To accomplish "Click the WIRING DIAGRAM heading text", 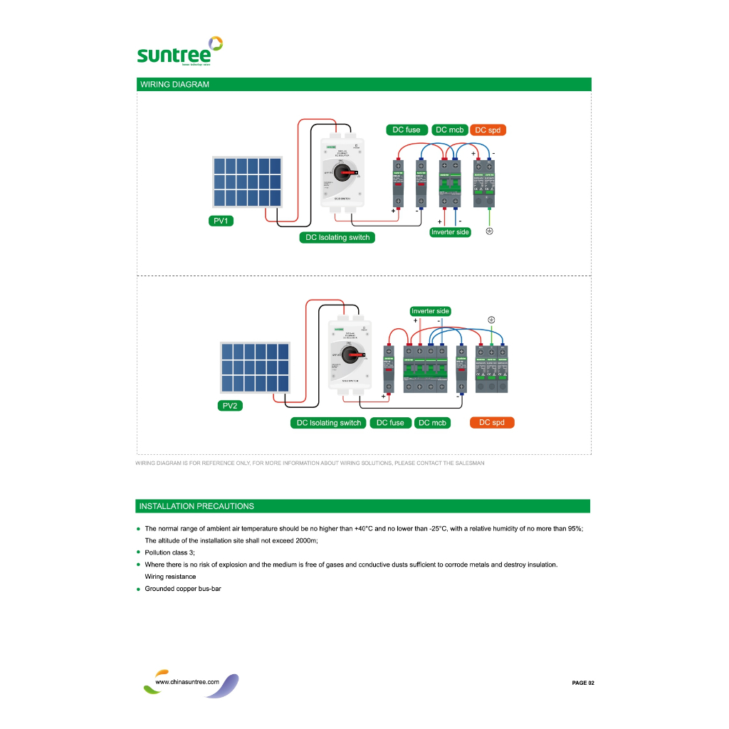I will click(x=174, y=85).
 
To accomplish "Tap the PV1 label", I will click(x=221, y=221).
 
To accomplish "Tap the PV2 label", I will click(x=229, y=406).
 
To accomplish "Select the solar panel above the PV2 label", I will click(x=255, y=367).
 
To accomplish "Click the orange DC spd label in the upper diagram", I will click(x=488, y=130).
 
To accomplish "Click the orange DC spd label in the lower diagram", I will click(x=492, y=422).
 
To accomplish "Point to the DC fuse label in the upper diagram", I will click(x=407, y=130).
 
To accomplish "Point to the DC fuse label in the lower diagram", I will click(x=390, y=423).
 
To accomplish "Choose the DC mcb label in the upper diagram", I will click(x=449, y=130).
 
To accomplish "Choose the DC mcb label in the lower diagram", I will click(x=432, y=423).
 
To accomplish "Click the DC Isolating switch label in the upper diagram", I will click(x=337, y=237).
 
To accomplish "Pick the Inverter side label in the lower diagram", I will click(x=430, y=311).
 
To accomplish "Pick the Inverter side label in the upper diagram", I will click(x=450, y=232).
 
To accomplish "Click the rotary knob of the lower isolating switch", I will click(x=351, y=354).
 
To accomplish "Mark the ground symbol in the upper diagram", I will click(x=489, y=232).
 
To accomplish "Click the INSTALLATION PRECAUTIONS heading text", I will click(x=196, y=506).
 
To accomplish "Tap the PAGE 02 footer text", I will click(x=582, y=683).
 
